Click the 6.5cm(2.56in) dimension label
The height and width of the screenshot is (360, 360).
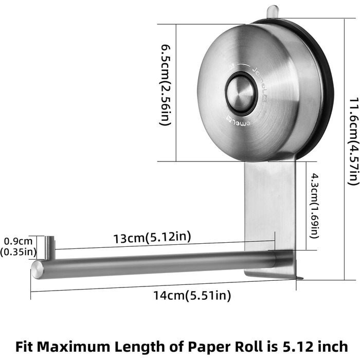pos(166,85)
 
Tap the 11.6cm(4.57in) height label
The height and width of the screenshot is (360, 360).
pos(353,142)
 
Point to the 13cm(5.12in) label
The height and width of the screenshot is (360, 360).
pos(152,238)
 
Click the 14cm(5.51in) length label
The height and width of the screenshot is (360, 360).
pos(192,295)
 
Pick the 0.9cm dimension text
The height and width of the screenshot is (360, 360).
pos(19,241)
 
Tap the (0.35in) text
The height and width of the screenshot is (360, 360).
pos(18,252)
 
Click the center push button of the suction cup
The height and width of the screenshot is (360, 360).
pos(240,94)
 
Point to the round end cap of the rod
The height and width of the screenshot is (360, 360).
pos(38,270)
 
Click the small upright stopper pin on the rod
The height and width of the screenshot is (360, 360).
pos(49,247)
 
